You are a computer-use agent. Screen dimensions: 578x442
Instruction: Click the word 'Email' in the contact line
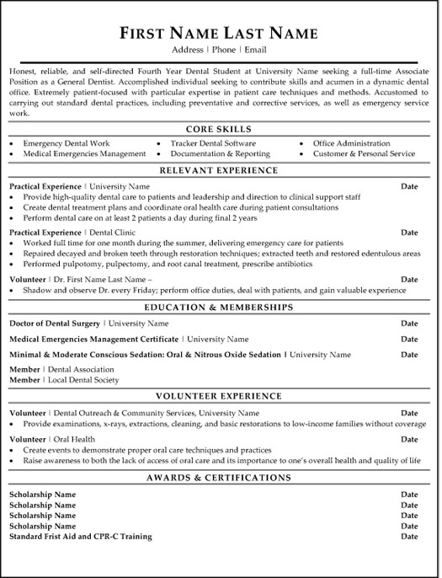pyautogui.click(x=253, y=51)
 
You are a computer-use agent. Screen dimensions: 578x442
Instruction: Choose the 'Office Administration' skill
pyautogui.click(x=351, y=143)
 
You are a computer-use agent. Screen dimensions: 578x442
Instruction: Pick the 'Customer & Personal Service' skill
pyautogui.click(x=364, y=154)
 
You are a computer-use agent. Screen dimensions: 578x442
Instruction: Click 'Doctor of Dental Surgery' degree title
pyautogui.click(x=54, y=323)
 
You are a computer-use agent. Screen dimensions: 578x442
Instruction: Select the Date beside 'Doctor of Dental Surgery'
pyautogui.click(x=409, y=323)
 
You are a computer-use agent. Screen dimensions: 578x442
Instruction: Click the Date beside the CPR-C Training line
pyautogui.click(x=409, y=536)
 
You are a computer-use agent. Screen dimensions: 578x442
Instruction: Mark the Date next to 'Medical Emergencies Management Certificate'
pyautogui.click(x=409, y=339)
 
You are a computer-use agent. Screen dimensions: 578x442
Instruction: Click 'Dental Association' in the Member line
pyautogui.click(x=81, y=369)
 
